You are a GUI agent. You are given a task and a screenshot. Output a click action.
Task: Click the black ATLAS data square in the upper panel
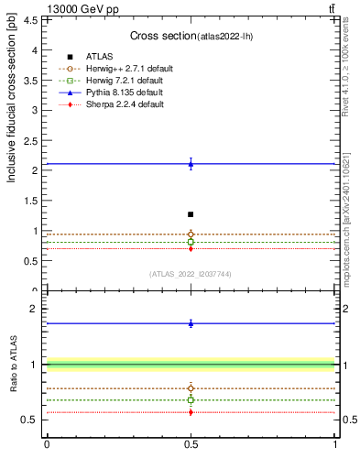point(191,214)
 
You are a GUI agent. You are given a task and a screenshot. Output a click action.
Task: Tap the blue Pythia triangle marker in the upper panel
point(191,164)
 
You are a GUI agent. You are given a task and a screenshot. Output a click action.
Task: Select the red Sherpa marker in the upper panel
point(191,248)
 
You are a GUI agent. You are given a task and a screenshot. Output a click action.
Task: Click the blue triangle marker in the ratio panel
point(191,323)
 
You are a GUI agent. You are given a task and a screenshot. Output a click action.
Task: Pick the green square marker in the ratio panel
point(191,400)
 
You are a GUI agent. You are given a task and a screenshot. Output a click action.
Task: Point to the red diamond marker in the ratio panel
point(191,412)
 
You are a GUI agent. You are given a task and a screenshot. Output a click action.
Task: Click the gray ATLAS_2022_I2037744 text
point(190,274)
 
